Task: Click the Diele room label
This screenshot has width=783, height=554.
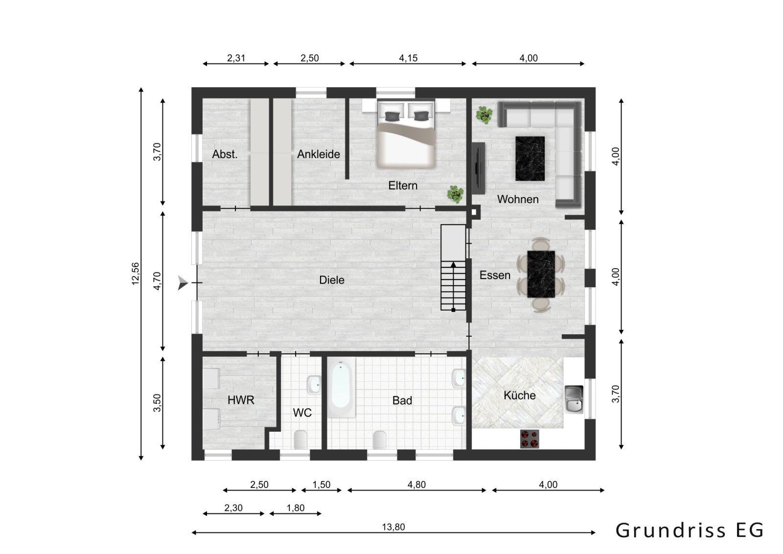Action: (331, 280)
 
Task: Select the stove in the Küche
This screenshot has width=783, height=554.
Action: (530, 439)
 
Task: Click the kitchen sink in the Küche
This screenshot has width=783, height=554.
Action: (574, 399)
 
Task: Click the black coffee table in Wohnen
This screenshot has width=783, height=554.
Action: (530, 158)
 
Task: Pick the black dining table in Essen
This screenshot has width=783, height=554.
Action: (541, 274)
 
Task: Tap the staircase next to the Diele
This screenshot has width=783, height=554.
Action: (453, 268)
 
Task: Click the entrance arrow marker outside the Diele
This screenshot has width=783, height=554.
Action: (183, 282)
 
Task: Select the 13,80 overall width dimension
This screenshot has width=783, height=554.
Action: (393, 527)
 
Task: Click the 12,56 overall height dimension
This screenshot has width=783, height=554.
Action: (136, 274)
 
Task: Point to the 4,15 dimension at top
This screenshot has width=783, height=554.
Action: (408, 58)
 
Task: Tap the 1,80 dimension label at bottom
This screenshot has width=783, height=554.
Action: (296, 508)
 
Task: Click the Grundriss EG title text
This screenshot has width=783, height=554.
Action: (689, 530)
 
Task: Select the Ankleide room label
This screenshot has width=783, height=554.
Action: (318, 154)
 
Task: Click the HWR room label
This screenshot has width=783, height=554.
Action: (241, 400)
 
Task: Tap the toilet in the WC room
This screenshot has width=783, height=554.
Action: (300, 439)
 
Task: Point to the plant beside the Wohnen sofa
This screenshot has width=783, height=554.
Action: (484, 115)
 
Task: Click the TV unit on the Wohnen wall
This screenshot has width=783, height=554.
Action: (478, 168)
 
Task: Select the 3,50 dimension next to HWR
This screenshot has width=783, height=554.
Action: (157, 403)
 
